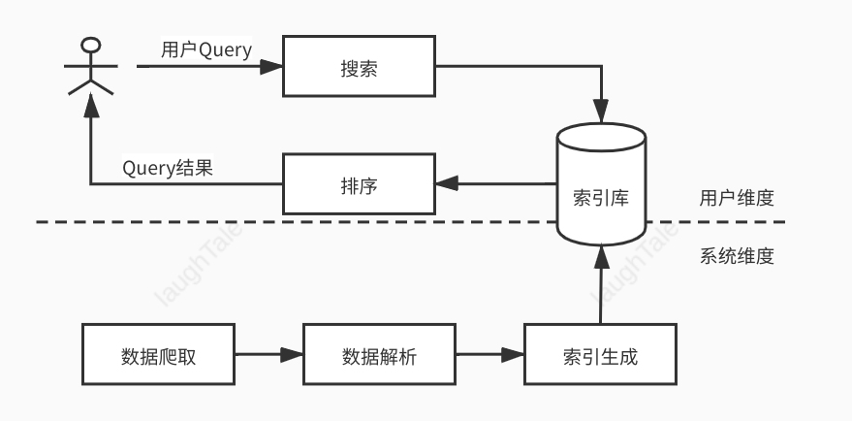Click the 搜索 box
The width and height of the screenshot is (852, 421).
click(359, 67)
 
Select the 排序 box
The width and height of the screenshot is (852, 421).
click(359, 184)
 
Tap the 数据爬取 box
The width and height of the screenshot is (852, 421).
click(159, 355)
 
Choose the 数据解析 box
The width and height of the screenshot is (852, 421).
click(380, 355)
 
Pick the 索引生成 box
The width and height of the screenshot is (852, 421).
click(600, 355)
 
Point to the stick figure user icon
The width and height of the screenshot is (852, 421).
click(90, 68)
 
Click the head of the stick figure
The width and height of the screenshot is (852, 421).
click(90, 45)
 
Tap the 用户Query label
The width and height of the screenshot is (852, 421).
click(206, 50)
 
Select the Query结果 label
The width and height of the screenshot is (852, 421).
click(168, 168)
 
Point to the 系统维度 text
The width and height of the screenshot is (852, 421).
click(737, 257)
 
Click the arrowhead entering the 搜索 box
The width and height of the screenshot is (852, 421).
click(272, 67)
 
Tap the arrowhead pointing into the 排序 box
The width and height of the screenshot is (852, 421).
click(446, 183)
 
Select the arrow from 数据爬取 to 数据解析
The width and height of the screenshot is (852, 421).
click(268, 355)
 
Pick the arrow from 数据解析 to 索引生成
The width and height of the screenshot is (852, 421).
click(489, 355)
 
